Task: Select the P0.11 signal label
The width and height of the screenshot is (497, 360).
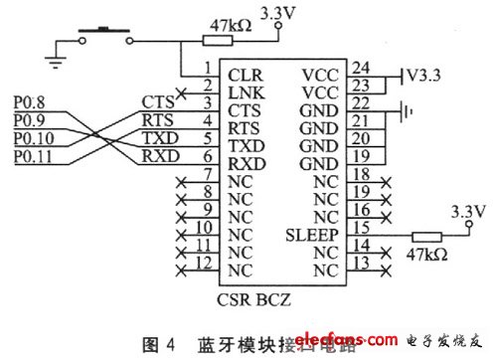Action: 31,157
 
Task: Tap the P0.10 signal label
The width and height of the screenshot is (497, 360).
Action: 31,138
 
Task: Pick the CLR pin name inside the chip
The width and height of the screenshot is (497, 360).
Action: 245,74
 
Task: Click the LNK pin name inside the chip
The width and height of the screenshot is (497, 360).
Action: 245,91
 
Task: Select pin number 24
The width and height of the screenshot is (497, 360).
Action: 363,69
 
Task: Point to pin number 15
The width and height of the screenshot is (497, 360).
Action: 363,229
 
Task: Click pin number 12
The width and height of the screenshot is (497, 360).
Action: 203,264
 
